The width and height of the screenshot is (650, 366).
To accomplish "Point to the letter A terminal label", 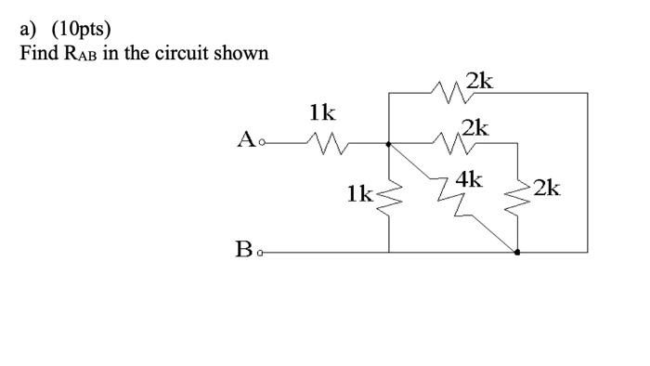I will pyautogui.click(x=246, y=140).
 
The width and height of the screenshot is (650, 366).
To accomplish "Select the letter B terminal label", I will pyautogui.click(x=245, y=249).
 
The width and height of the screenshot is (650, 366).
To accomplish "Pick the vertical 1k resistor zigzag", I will pyautogui.click(x=388, y=196).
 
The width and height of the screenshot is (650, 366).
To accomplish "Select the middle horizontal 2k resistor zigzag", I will pyautogui.click(x=451, y=143).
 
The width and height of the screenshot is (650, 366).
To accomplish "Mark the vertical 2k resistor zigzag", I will pyautogui.click(x=517, y=197).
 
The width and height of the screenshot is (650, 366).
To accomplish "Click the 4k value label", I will pyautogui.click(x=469, y=178).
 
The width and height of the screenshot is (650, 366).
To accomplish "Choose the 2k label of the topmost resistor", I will pyautogui.click(x=479, y=81).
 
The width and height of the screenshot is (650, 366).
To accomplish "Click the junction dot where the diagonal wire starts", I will pyautogui.click(x=388, y=144).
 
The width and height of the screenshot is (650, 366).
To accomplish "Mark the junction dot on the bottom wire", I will pyautogui.click(x=517, y=252).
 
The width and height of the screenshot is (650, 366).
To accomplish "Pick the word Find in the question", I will pyautogui.click(x=38, y=53).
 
